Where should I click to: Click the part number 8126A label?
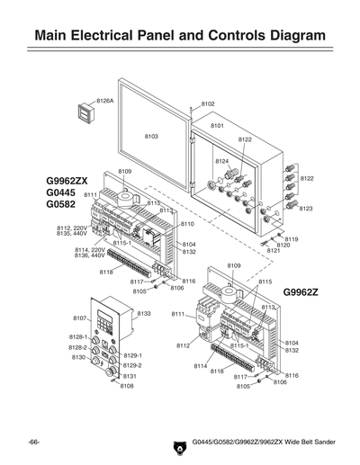105,101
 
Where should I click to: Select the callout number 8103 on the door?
151,136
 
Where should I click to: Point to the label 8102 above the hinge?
208,104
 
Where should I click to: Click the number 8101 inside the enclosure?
217,126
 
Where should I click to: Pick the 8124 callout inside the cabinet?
221,160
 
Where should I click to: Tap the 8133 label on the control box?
145,314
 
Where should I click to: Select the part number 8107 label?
78,318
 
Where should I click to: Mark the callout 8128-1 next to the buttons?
78,336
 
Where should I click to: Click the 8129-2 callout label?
132,365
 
